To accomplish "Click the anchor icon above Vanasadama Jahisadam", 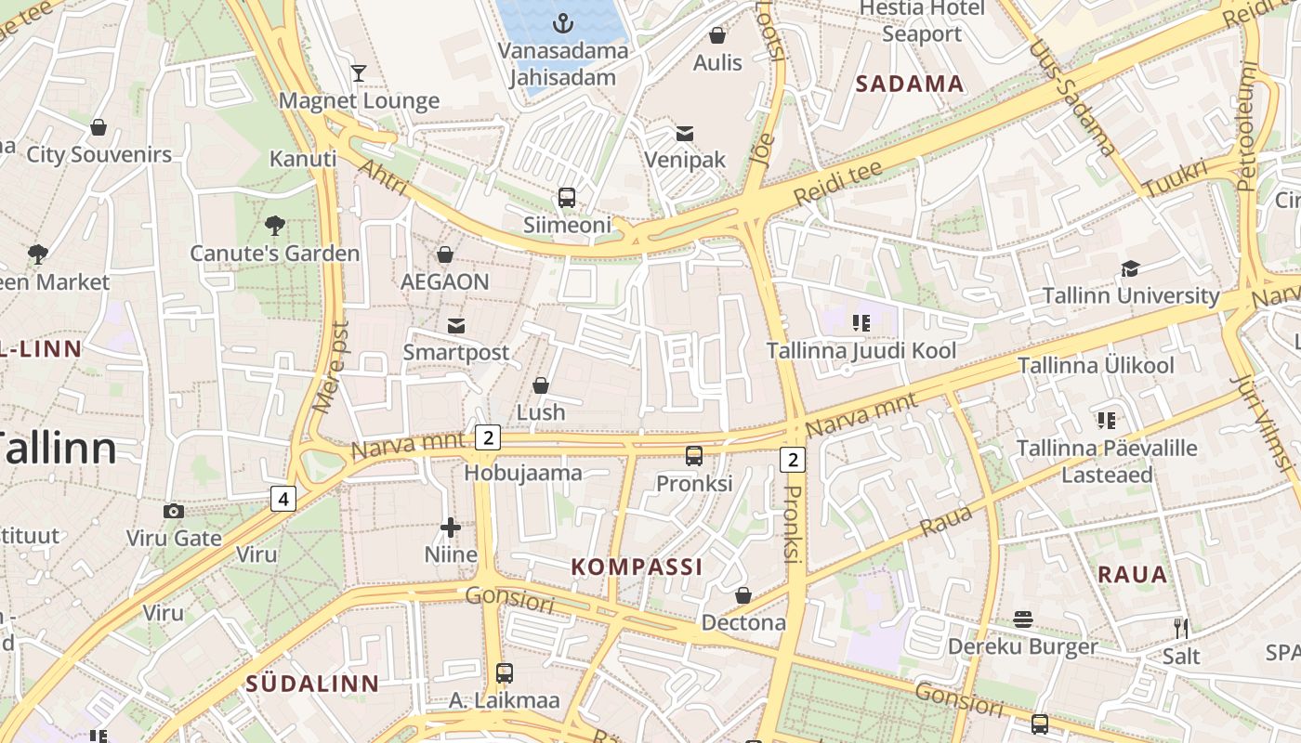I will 563,22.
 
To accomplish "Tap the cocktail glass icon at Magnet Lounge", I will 359,73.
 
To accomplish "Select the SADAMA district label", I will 909,85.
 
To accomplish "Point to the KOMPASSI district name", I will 637,567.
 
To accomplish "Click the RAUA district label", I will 1132,574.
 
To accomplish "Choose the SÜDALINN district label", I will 312,684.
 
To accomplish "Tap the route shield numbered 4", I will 283,499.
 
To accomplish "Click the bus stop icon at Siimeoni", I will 567,198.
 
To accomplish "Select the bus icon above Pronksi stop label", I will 694,456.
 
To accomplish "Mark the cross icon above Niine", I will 451,528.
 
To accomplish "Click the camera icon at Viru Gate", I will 173,511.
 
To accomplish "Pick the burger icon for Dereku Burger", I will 1023,619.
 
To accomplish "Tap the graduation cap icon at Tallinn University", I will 1130,269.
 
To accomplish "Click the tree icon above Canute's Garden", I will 274,225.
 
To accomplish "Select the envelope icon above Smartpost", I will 456,325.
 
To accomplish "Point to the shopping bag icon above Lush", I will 541,385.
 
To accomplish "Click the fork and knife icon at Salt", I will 1180,629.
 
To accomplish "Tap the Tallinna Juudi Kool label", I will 861,351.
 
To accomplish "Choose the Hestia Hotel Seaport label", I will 922,20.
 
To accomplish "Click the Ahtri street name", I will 382,176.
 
